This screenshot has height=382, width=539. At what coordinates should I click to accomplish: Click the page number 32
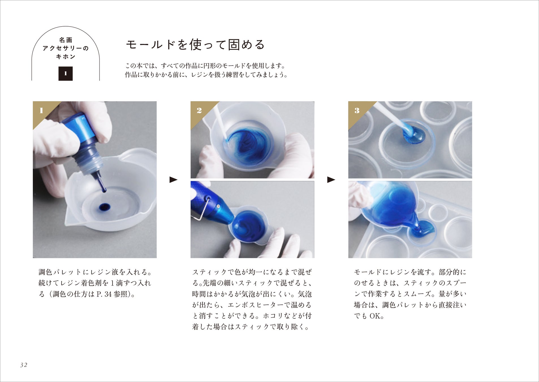tap(24, 365)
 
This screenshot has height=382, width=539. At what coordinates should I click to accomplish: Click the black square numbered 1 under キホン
tap(66, 74)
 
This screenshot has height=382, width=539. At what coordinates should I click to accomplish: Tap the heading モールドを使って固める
tap(195, 45)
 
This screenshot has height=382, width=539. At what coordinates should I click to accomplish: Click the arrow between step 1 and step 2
tap(173, 180)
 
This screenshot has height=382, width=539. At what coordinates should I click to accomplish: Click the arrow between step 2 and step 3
tap(331, 180)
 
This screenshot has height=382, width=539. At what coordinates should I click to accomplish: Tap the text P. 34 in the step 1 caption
tap(104, 294)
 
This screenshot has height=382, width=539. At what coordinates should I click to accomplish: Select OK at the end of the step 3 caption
tap(375, 316)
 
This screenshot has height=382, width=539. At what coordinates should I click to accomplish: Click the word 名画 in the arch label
tap(66, 40)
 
